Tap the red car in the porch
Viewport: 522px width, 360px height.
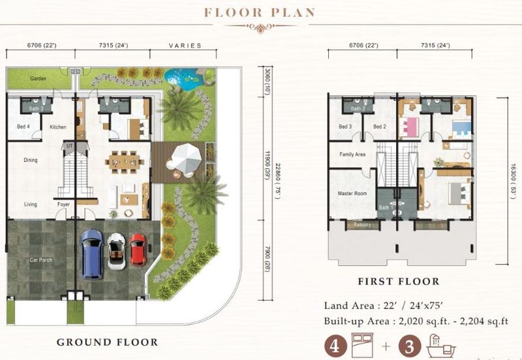(138, 248)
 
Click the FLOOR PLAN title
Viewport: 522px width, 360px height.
(260, 12)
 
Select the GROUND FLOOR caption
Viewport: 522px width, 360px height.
(107, 342)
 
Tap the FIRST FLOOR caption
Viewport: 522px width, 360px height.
(398, 282)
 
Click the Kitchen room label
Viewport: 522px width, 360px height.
(58, 127)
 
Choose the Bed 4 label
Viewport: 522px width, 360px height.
(23, 127)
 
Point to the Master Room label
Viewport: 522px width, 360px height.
(352, 194)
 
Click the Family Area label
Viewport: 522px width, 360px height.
(352, 155)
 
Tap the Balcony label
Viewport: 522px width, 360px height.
(362, 225)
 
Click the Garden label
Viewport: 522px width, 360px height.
(38, 78)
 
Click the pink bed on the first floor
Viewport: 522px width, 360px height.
(410, 126)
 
